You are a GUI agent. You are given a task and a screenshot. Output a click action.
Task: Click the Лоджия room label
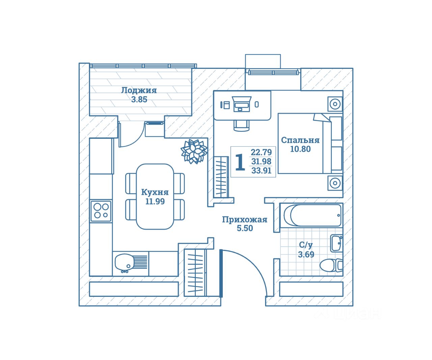pos(139,91)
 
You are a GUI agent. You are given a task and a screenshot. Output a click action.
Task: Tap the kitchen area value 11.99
pos(155,202)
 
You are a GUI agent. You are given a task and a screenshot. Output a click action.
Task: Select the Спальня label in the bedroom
pos(300,140)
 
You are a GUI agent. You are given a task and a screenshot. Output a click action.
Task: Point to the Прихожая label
pos(244,220)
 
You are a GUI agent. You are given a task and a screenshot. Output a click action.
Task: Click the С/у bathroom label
pos(306,245)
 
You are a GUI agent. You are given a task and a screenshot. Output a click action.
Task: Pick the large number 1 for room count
pos(240,162)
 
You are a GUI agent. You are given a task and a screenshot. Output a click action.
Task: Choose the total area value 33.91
pos(261,171)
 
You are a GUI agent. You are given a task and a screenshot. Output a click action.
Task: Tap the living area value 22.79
pos(261,152)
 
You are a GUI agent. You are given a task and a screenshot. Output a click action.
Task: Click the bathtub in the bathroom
pos(312,215)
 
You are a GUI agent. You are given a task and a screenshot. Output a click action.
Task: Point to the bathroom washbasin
pos(336,243)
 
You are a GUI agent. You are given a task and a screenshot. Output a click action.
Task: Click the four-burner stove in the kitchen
pos(101,211)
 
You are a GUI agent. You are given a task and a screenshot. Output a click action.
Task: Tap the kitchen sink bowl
pos(124,262)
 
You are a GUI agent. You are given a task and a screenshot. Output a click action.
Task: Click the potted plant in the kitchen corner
pos(194,151)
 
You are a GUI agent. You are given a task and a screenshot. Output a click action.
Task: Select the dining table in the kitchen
pos(155,196)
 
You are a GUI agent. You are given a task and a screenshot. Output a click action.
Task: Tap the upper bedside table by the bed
pos(335,104)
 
